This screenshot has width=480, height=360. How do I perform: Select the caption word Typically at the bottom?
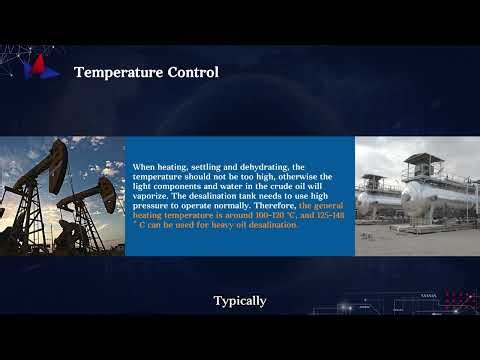coord(240,300)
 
